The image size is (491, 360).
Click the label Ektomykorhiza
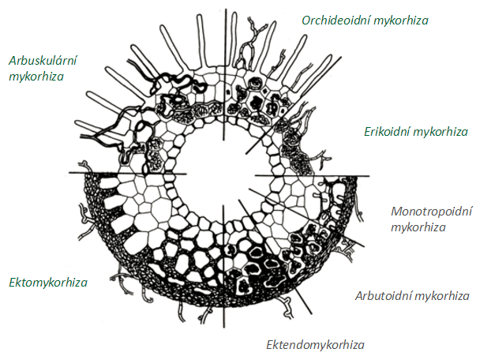(x=48, y=282)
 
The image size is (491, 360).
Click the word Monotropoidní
(x=431, y=212)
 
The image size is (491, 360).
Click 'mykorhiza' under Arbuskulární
(x=36, y=77)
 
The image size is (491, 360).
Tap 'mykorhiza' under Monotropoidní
(x=419, y=227)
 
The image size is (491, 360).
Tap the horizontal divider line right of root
(x=339, y=175)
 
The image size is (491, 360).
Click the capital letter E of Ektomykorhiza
(x=12, y=282)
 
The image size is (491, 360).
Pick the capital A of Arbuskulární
(x=13, y=60)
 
